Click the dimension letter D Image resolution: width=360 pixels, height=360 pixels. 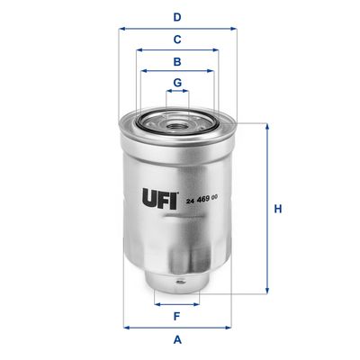tap(178, 16)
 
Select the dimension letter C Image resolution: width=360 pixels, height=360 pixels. tap(178, 39)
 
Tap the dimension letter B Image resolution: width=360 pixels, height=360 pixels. tap(178, 62)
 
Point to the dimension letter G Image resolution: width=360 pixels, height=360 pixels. tap(178, 83)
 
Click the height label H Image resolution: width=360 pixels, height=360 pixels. tap(278, 209)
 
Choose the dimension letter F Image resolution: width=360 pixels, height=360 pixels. tap(178, 315)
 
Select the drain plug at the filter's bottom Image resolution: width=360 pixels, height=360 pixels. tap(178, 286)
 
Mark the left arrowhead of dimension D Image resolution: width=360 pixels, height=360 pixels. tap(121, 28)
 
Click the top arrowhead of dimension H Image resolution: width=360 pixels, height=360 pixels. tap(266, 126)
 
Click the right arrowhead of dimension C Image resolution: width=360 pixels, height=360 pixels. tap(217, 50)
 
